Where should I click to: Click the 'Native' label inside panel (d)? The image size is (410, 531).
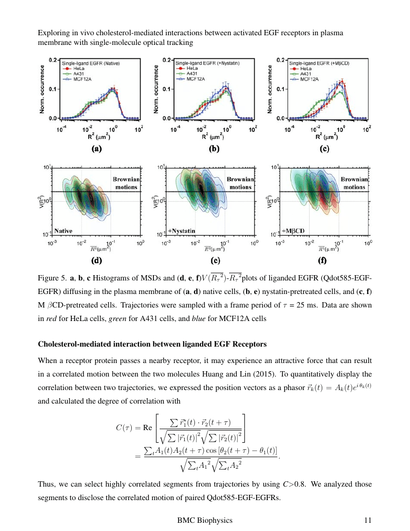click(64, 231)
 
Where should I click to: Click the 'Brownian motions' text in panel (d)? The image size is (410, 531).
click(125, 182)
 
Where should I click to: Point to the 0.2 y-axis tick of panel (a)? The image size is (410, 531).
click(54, 60)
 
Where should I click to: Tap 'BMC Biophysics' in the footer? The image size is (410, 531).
click(205, 520)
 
